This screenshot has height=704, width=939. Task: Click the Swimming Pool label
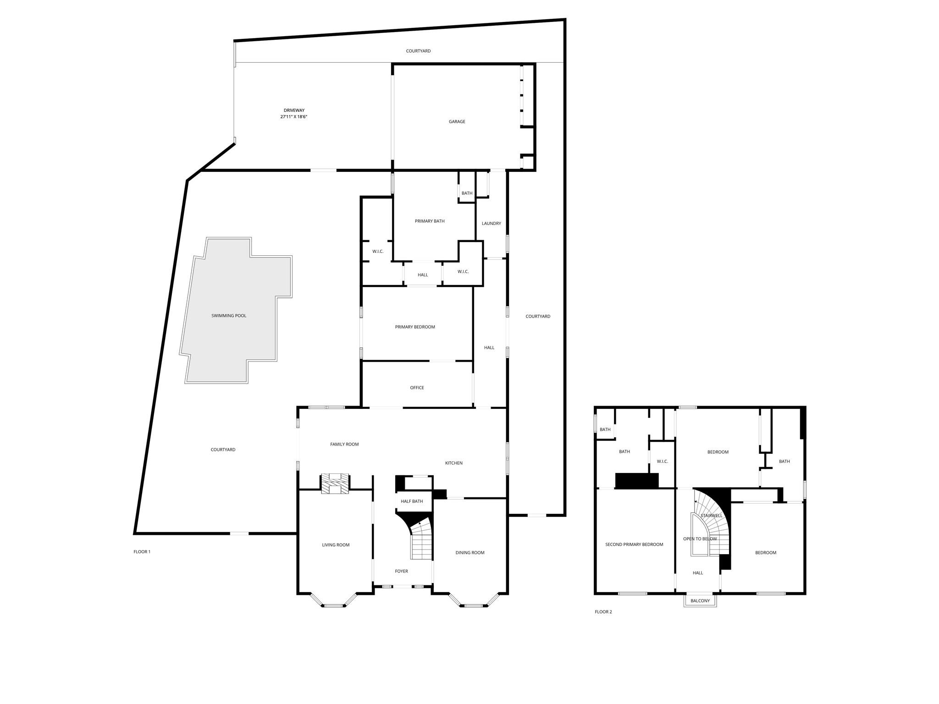pyautogui.click(x=229, y=316)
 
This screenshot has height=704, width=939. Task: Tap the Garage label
pyautogui.click(x=457, y=121)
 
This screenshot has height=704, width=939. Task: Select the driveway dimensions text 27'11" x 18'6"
pyautogui.click(x=293, y=117)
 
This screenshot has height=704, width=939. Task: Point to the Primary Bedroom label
pyautogui.click(x=415, y=327)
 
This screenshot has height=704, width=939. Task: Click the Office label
pyautogui.click(x=417, y=388)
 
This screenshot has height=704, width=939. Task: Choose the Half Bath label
pyautogui.click(x=412, y=501)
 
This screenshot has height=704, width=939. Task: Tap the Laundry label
pyautogui.click(x=491, y=224)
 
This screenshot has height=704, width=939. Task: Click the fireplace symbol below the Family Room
pyautogui.click(x=335, y=484)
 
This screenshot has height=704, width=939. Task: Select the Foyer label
pyautogui.click(x=401, y=571)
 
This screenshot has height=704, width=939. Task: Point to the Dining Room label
pyautogui.click(x=470, y=553)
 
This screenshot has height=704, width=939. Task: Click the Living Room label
pyautogui.click(x=336, y=545)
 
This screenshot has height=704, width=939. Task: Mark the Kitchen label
pyautogui.click(x=453, y=463)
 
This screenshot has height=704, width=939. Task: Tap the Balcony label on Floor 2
pyautogui.click(x=700, y=601)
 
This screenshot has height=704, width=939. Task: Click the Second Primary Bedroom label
pyautogui.click(x=634, y=544)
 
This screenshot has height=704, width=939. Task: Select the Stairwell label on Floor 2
pyautogui.click(x=712, y=516)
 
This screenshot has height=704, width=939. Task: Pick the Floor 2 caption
pyautogui.click(x=603, y=612)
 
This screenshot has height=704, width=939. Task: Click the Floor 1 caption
pyautogui.click(x=142, y=552)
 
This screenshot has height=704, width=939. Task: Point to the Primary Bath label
pyautogui.click(x=430, y=221)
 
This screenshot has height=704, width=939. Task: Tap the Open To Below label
pyautogui.click(x=700, y=539)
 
